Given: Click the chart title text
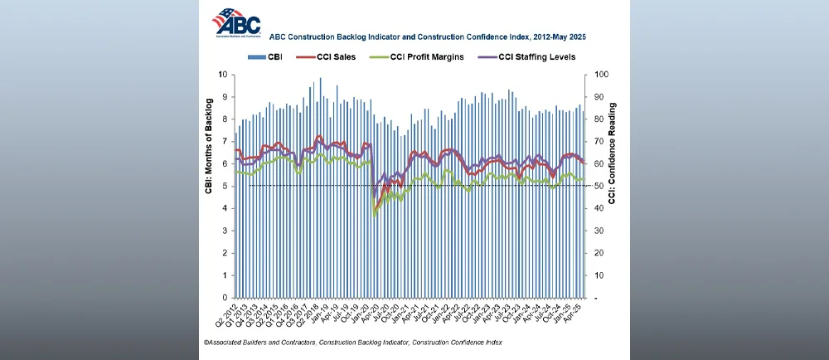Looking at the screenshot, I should click(x=427, y=36).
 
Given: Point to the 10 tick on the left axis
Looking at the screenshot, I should click(x=222, y=75).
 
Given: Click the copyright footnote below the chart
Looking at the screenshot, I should click(x=352, y=343).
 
